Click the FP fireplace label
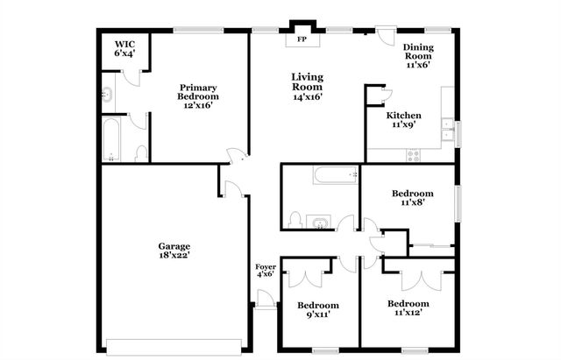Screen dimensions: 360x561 [x=302, y=39]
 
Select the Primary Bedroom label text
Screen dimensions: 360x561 [x=198, y=95]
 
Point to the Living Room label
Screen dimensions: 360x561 [x=308, y=87]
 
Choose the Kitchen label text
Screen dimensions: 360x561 [x=404, y=120]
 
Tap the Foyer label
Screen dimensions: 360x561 [x=266, y=272]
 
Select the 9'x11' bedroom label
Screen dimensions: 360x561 [x=317, y=311]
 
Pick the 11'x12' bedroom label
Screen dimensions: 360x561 [x=408, y=309]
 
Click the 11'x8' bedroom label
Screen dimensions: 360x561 [x=412, y=199]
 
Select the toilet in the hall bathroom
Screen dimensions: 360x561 [x=295, y=219]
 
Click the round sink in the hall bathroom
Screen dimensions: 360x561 [x=319, y=222]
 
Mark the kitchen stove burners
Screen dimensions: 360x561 [x=412, y=155]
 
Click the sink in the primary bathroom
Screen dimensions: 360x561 [x=107, y=96]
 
